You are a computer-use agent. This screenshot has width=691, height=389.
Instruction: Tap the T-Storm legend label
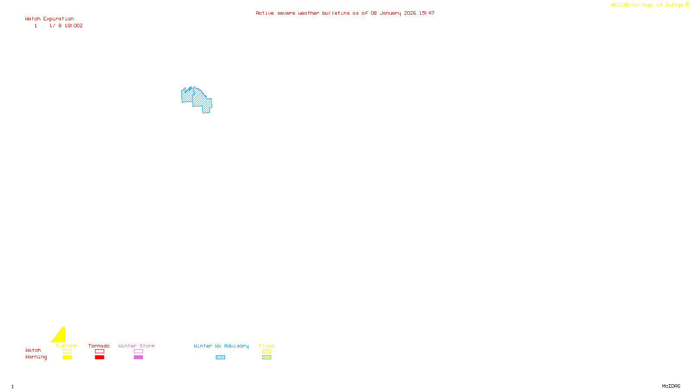(67, 346)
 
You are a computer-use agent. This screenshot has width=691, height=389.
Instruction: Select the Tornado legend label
(99, 346)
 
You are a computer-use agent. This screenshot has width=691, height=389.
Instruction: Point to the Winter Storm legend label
(136, 346)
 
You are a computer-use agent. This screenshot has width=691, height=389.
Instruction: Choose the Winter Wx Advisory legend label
(221, 346)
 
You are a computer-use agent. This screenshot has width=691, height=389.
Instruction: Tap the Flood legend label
(266, 346)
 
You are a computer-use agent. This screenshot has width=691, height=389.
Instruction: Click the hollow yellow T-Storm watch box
(67, 351)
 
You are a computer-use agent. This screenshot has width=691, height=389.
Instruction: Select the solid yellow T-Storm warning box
(67, 357)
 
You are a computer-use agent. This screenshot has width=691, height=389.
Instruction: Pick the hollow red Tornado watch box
(99, 351)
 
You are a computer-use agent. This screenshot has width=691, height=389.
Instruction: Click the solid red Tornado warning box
(99, 357)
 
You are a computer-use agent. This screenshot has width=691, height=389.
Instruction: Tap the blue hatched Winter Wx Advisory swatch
(220, 357)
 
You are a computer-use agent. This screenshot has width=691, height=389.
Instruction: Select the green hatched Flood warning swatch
(266, 357)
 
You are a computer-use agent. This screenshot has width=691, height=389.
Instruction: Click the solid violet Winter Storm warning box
(138, 357)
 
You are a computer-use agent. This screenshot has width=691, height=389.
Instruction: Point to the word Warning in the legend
(36, 357)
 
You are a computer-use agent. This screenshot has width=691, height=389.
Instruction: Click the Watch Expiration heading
(49, 19)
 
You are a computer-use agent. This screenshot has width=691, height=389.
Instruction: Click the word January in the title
(390, 13)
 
